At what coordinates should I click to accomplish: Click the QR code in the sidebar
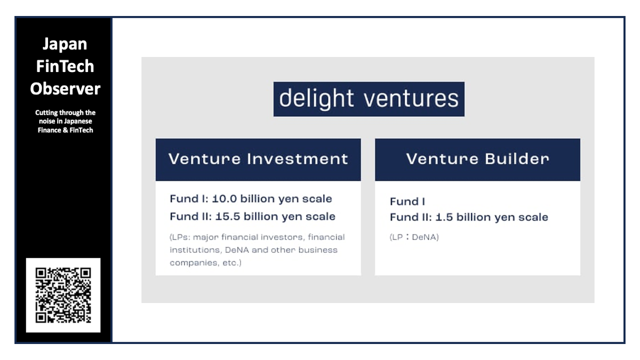coord(63,295)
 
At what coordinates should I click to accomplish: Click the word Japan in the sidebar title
coord(65,44)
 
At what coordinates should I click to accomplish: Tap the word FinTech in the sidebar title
coord(65,66)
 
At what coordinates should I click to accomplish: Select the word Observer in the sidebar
coord(65,89)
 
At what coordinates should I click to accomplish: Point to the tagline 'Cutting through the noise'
coord(65,121)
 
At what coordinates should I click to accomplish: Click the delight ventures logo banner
coord(369,99)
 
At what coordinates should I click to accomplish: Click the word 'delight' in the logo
coord(316,99)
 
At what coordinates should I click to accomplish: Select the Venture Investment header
coord(258,159)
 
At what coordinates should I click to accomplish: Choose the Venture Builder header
coord(477,159)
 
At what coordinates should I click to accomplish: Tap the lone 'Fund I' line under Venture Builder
coord(407,202)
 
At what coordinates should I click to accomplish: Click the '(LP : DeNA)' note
coord(414,237)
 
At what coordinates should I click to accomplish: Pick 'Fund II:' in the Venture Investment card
coord(191,217)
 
